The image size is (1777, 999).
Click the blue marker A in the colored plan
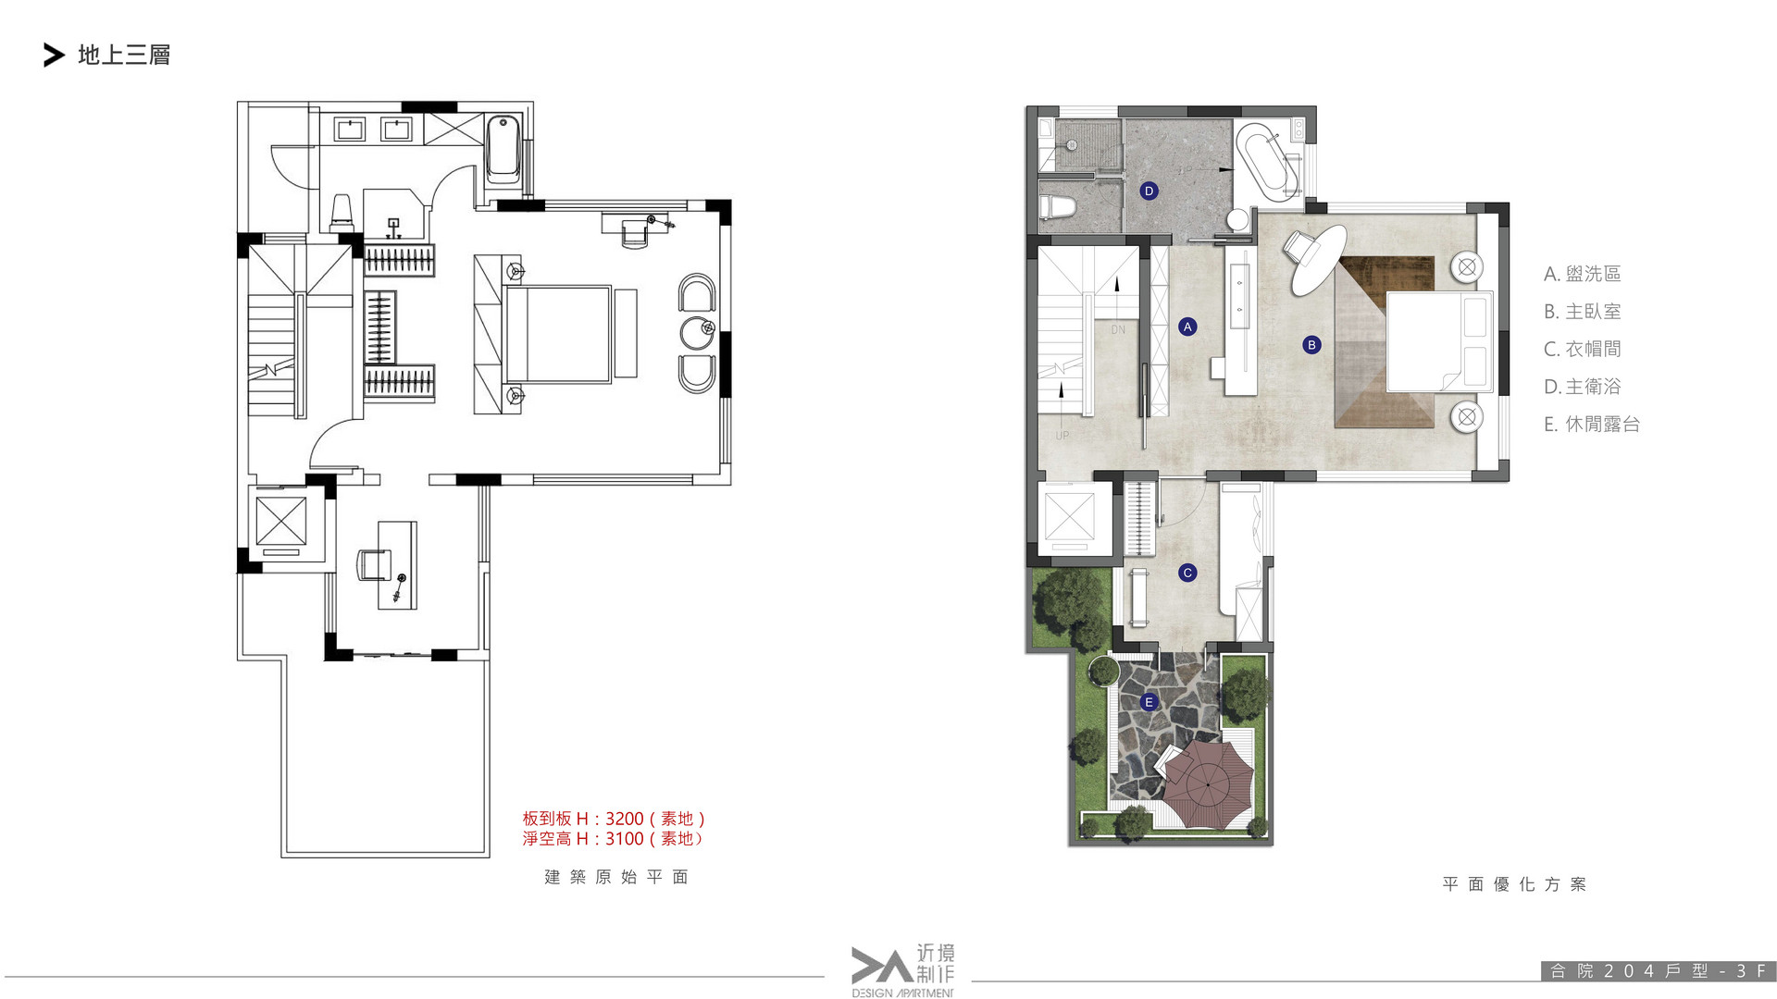pyautogui.click(x=1187, y=327)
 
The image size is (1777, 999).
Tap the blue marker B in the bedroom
pyautogui.click(x=1311, y=345)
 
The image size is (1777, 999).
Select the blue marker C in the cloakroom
pyautogui.click(x=1187, y=573)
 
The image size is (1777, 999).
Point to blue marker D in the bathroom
pyautogui.click(x=1149, y=191)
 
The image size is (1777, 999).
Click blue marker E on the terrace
pyautogui.click(x=1149, y=702)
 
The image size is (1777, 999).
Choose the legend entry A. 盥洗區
pyautogui.click(x=1583, y=274)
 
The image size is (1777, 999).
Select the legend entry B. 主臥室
pyautogui.click(x=1583, y=312)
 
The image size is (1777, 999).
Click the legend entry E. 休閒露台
pyautogui.click(x=1592, y=425)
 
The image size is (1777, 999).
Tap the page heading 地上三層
pyautogui.click(x=124, y=55)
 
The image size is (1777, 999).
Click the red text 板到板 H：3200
pyautogui.click(x=583, y=819)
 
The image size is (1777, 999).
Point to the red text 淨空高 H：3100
pyautogui.click(x=583, y=839)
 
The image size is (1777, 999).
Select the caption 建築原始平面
pyautogui.click(x=616, y=877)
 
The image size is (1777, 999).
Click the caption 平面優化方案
pyautogui.click(x=1514, y=884)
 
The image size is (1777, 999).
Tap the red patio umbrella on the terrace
pyautogui.click(x=1207, y=783)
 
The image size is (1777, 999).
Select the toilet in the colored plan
pyautogui.click(x=1057, y=207)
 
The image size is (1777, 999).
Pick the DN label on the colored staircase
pyautogui.click(x=1118, y=329)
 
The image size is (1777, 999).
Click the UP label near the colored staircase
pyautogui.click(x=1062, y=436)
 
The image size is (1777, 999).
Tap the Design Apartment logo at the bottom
pyautogui.click(x=902, y=970)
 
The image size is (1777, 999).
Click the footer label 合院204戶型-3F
pyautogui.click(x=1658, y=971)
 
